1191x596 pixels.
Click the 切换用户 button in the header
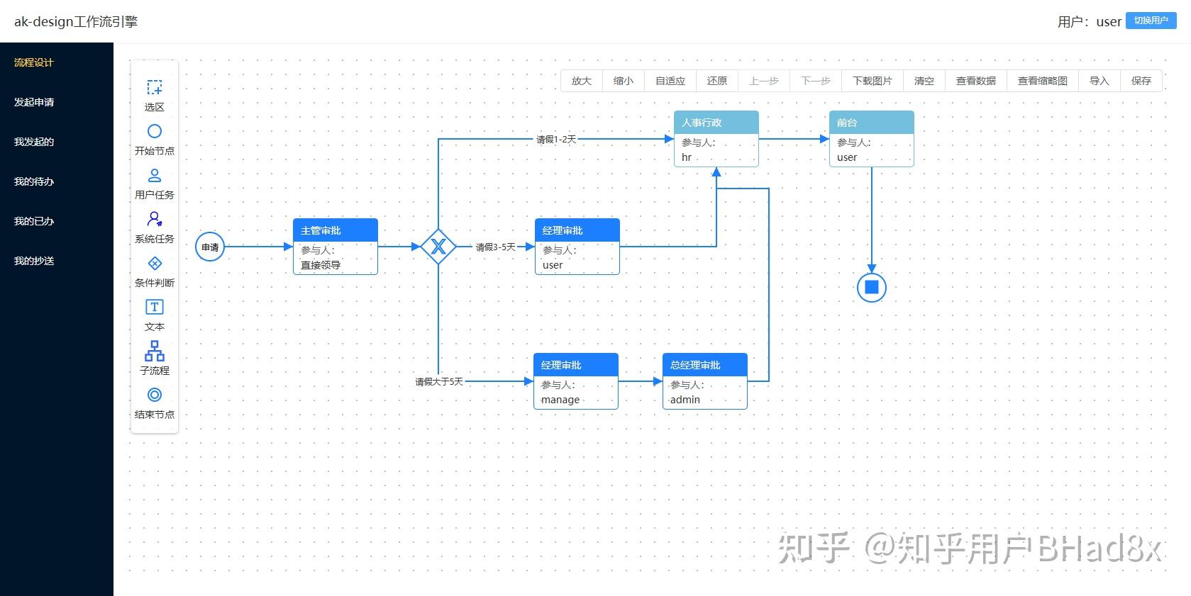click(x=1151, y=21)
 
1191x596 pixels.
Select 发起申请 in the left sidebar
click(x=34, y=102)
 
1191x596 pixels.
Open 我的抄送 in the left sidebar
click(x=34, y=261)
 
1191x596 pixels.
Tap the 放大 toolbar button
click(x=582, y=81)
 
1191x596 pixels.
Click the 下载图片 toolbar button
click(x=872, y=81)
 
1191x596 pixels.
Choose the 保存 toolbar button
click(x=1141, y=81)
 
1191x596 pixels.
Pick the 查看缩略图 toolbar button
click(x=1042, y=81)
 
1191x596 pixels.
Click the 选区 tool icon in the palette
click(x=154, y=88)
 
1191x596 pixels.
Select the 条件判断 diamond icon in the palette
click(x=154, y=264)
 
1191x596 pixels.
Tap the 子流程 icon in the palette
click(x=154, y=351)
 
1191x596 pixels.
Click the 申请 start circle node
click(x=210, y=247)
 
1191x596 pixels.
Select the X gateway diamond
click(x=438, y=247)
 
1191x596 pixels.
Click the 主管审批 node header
click(x=335, y=230)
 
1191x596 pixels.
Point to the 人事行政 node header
click(x=716, y=123)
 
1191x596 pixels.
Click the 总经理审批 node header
click(x=704, y=365)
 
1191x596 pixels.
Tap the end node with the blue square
click(x=872, y=287)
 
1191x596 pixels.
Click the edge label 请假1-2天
click(x=556, y=140)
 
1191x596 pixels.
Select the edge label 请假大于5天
click(x=439, y=382)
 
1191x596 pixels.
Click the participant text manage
click(x=560, y=400)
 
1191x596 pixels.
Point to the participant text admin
click(x=685, y=400)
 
